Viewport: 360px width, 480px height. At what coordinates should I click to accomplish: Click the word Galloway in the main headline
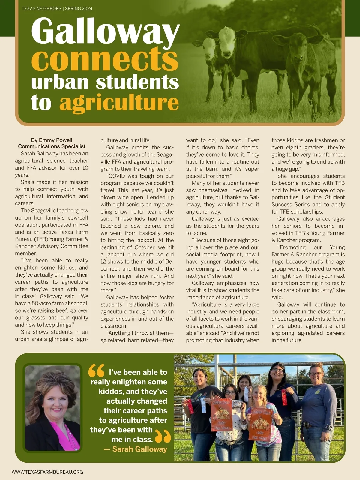click(105, 31)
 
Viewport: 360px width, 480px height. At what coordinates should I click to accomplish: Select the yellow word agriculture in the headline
click(119, 103)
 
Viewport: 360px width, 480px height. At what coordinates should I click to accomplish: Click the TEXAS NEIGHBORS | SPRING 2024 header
click(57, 9)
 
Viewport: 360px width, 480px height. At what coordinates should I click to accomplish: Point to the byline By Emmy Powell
click(52, 140)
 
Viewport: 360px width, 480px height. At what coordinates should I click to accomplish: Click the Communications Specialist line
click(52, 146)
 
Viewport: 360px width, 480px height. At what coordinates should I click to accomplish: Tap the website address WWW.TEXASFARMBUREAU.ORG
click(47, 472)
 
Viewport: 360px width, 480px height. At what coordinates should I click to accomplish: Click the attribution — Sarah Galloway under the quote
click(135, 449)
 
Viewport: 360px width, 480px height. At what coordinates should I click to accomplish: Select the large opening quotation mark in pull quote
click(96, 370)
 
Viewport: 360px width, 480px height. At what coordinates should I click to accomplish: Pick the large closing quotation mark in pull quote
click(163, 436)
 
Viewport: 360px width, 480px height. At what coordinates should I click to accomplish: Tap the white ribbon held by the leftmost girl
click(203, 405)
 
